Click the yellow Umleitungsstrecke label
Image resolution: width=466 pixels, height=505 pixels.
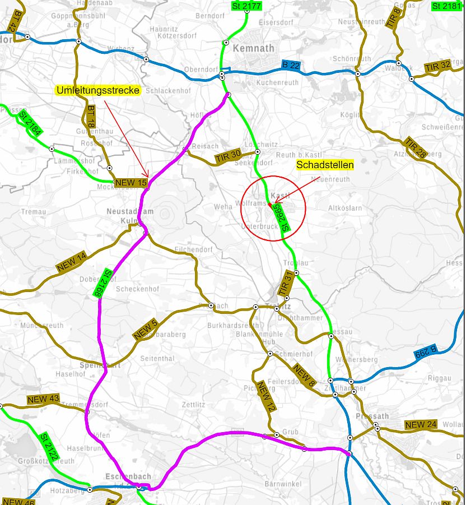click(x=98, y=90)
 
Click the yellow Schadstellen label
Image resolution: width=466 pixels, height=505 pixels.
click(x=325, y=165)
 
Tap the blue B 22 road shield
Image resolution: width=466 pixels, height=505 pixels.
click(x=291, y=65)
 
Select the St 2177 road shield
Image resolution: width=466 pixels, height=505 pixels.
click(x=246, y=6)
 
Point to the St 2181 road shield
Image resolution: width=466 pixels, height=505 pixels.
click(x=447, y=6)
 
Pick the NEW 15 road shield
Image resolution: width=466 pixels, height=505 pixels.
click(x=131, y=183)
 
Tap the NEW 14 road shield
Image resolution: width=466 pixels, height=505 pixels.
click(x=72, y=262)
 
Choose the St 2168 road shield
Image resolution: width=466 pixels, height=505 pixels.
click(x=101, y=282)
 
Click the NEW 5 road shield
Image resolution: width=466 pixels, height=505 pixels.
click(x=146, y=330)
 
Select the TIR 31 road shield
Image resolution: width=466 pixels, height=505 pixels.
click(x=286, y=284)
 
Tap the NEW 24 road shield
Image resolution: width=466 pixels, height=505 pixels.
click(x=421, y=424)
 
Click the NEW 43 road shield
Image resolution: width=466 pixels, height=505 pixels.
click(x=43, y=399)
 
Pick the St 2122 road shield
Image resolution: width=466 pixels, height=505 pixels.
click(x=49, y=446)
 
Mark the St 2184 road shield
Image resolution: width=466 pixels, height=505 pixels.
click(x=30, y=124)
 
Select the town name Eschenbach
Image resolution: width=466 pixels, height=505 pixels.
click(x=128, y=476)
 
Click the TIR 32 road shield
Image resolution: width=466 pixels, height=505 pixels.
click(x=437, y=66)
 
